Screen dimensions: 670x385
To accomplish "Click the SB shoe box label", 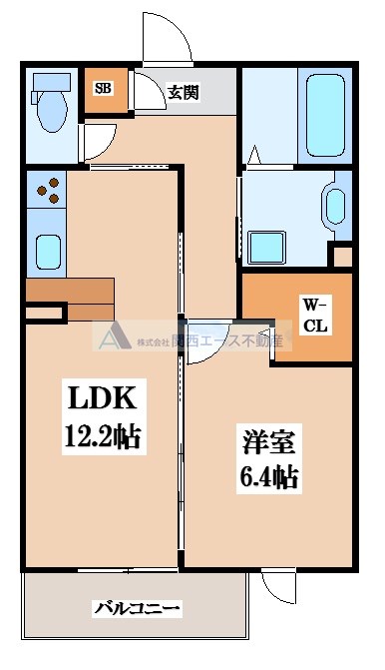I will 102,88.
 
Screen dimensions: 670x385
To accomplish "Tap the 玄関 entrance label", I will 183,94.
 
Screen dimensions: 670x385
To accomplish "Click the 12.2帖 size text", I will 103,435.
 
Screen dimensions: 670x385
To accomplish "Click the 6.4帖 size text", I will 268,477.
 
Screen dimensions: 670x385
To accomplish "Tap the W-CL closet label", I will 316,315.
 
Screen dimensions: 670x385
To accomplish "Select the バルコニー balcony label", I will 137,606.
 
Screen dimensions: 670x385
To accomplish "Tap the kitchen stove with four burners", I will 46,189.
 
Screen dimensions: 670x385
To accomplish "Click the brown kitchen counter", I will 70,297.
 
